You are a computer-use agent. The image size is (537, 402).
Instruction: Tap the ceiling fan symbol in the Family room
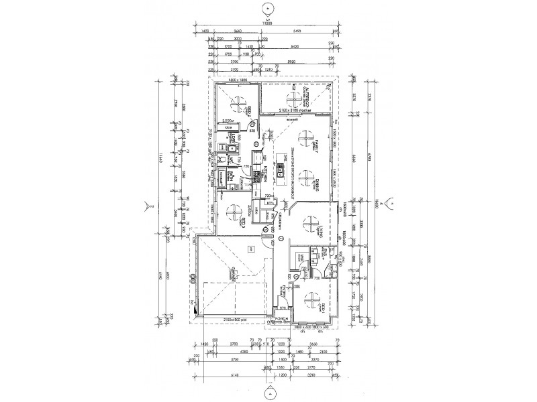307,139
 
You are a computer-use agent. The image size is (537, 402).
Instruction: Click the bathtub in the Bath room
219,179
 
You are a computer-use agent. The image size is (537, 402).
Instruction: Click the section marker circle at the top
268,9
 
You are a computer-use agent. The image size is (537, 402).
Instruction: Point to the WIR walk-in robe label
303,257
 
